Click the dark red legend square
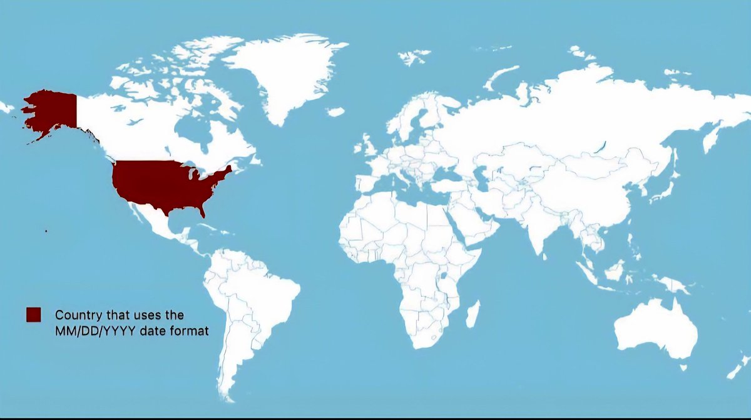33,314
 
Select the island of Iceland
335,112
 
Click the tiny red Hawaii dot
46,231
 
